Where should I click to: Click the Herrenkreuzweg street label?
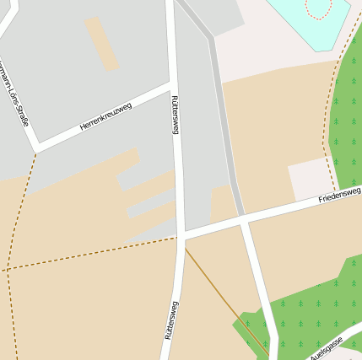[x=106, y=116]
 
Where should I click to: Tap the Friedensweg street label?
[x=339, y=196]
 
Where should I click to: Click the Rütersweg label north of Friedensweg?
[x=176, y=113]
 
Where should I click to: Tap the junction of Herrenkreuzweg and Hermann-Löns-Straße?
[x=36, y=152]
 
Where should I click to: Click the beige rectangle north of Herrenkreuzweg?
[x=102, y=43]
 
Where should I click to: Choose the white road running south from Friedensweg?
[x=257, y=278]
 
